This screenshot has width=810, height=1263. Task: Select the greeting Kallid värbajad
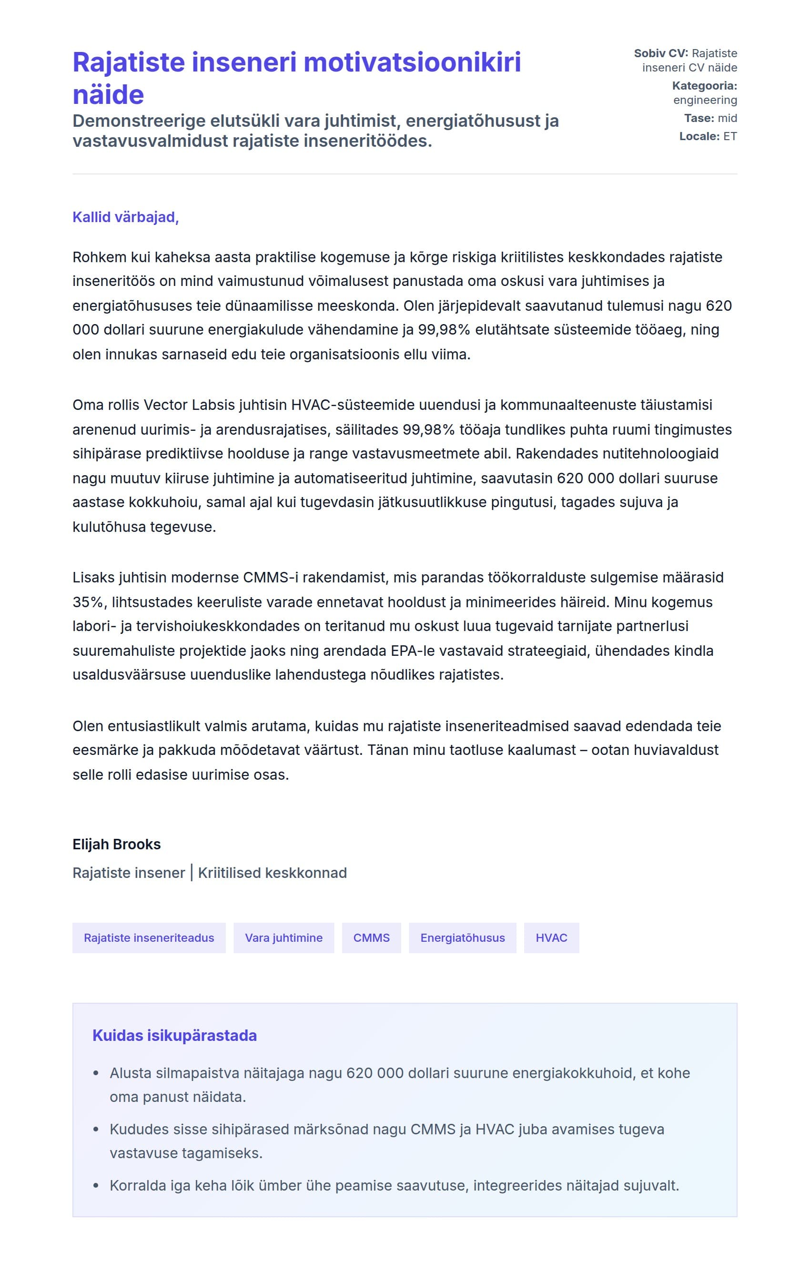125,217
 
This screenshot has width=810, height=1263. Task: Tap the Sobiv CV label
660,53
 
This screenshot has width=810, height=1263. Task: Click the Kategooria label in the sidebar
704,86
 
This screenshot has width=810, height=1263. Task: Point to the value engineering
705,100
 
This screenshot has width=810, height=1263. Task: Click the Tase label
699,118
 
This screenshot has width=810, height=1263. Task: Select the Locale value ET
730,136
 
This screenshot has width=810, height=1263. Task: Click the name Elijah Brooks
116,844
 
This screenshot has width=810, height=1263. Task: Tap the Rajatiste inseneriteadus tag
149,937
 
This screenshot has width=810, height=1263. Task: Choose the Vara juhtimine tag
283,937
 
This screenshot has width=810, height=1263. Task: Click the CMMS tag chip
371,937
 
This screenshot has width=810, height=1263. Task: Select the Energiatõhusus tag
462,937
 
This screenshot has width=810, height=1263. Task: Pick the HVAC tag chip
551,937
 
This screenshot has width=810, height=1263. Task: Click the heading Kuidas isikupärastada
174,1035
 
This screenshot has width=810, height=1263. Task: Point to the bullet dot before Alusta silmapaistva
96,1073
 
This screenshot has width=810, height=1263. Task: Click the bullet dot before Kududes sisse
96,1130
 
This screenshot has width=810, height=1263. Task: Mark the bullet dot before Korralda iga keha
96,1186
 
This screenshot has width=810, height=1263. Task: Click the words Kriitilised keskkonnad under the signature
272,873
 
